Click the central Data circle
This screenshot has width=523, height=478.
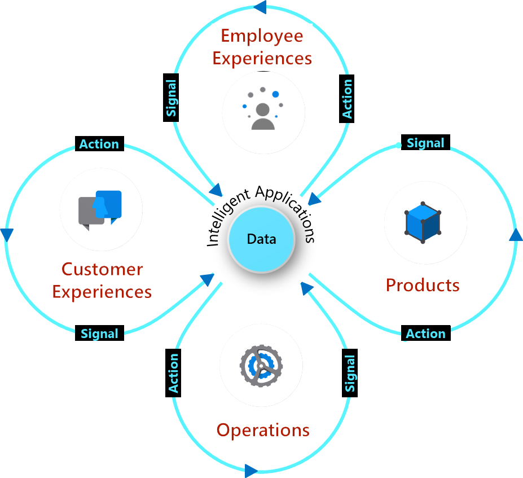(261, 239)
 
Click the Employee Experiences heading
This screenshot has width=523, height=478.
(262, 47)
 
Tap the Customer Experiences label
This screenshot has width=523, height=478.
(102, 280)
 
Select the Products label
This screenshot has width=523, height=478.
(423, 285)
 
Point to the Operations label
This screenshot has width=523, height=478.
(263, 430)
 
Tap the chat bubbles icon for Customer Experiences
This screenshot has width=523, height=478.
(100, 209)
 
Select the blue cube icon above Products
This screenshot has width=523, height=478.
(423, 222)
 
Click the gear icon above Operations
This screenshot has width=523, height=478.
(261, 365)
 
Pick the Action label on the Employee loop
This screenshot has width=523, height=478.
(348, 98)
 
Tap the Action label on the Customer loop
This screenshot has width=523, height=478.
(99, 144)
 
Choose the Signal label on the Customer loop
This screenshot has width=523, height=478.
(99, 334)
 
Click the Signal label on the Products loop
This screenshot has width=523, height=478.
(425, 143)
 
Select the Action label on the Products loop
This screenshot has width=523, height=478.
(425, 334)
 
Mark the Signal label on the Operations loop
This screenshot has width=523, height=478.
(350, 374)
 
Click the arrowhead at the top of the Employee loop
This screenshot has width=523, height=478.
(260, 7)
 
